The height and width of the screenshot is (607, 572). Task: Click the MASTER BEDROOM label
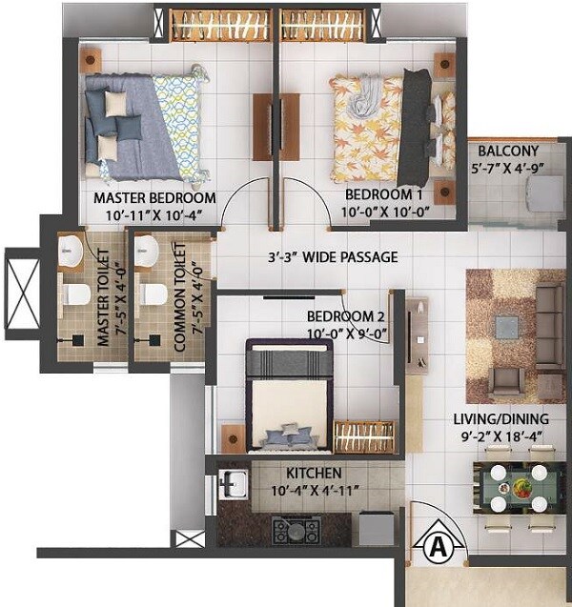click(x=154, y=198)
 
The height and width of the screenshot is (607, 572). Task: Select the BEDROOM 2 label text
click(x=345, y=316)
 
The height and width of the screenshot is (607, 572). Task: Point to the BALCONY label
click(x=508, y=151)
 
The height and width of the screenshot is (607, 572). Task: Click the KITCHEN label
click(x=315, y=473)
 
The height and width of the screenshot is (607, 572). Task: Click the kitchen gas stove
click(x=295, y=530)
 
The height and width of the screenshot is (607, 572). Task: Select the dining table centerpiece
click(x=521, y=489)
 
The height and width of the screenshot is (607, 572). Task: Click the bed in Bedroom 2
click(x=290, y=394)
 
